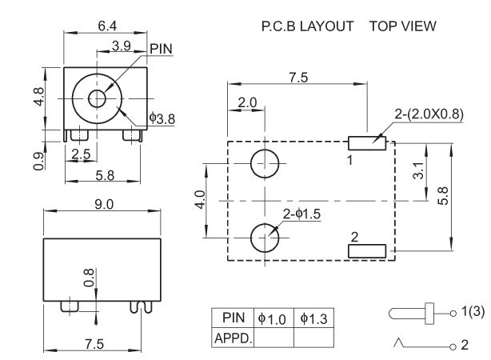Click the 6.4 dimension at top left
coord(107,26)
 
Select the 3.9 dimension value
coord(122,46)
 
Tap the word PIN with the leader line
coord(161,49)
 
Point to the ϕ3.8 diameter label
coord(162,118)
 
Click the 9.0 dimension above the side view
coord(105,205)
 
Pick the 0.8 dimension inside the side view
coord(89,277)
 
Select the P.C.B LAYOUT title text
coord(307,26)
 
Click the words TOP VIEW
coord(403,26)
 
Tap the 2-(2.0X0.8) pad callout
coord(429,114)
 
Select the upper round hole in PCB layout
coord(265,163)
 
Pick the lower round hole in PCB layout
coord(265,237)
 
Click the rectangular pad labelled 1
coord(368,143)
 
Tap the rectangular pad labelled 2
coord(368,251)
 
